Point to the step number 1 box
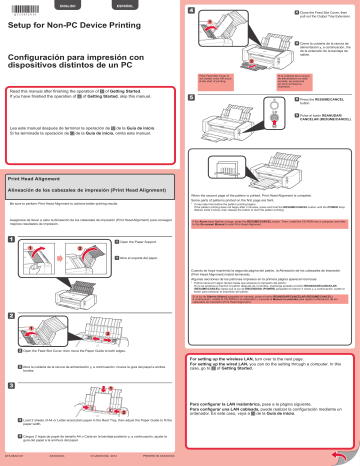click(11, 240)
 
